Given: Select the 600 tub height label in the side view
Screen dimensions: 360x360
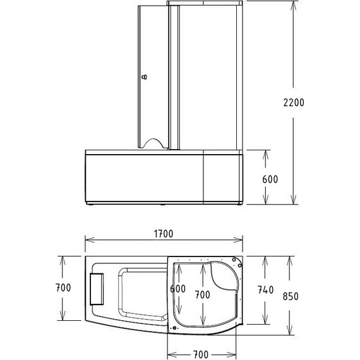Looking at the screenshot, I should tap(270, 179).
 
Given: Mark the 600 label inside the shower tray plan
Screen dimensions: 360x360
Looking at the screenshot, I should tap(179, 289).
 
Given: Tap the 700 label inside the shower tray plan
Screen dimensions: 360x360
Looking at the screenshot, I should tap(202, 295).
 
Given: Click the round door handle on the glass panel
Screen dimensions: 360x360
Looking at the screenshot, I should tap(146, 78).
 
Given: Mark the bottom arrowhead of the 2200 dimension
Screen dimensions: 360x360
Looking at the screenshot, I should tap(294, 203).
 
